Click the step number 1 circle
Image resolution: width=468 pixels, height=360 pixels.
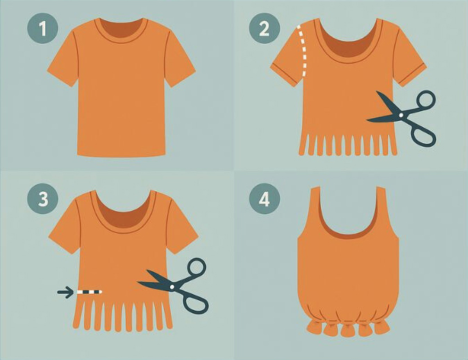click(x=42, y=28)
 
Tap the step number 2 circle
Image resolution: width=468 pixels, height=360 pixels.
click(x=265, y=28)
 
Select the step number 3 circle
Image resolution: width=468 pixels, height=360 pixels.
click(x=42, y=198)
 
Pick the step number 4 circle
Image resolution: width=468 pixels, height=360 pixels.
click(x=265, y=198)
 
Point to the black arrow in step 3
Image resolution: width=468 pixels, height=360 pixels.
click(x=65, y=292)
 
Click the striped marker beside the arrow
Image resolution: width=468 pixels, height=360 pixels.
click(x=90, y=292)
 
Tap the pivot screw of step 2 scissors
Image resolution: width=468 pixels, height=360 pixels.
click(x=401, y=115)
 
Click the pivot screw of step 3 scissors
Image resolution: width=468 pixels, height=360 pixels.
click(x=172, y=287)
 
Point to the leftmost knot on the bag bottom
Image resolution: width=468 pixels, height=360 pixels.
click(x=313, y=328)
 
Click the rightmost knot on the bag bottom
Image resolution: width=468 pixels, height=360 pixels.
click(x=382, y=327)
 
